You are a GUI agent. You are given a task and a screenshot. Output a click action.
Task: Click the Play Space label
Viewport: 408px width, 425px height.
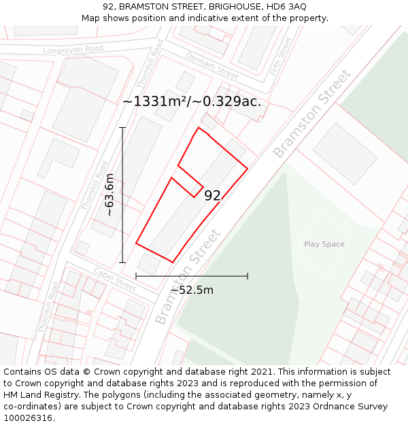click(x=324, y=244)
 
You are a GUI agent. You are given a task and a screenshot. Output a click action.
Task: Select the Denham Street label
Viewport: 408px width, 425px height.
click(x=211, y=65)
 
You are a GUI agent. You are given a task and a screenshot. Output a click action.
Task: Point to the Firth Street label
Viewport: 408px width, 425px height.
click(x=279, y=56)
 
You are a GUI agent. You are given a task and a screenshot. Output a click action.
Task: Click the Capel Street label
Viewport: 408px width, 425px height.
click(x=115, y=277)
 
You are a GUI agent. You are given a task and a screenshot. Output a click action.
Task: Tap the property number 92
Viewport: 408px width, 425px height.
click(x=212, y=196)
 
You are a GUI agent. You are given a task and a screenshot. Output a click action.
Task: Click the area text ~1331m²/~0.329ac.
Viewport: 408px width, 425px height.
click(x=192, y=102)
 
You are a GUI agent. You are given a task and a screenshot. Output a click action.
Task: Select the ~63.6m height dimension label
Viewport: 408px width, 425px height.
click(x=109, y=195)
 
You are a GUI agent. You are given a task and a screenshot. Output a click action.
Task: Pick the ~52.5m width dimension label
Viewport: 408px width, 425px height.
click(x=192, y=290)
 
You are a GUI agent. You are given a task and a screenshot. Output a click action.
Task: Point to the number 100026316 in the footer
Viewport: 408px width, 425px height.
click(x=28, y=418)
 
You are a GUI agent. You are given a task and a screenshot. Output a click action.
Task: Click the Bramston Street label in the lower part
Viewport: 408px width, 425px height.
click(x=188, y=277)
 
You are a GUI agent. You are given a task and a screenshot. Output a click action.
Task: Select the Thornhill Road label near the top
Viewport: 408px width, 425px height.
click(x=150, y=63)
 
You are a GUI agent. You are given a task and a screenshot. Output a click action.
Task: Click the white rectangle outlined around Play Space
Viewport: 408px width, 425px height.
click(x=324, y=258)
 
